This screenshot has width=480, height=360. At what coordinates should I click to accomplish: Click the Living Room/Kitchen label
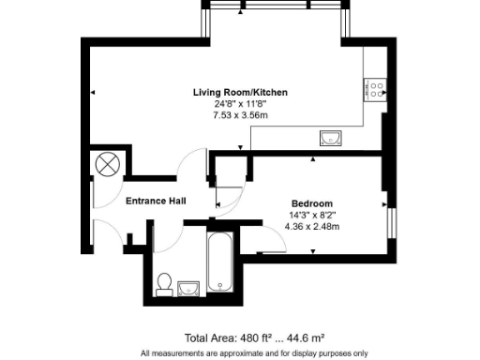click(x=240, y=92)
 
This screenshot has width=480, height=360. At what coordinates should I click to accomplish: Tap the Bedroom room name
click(x=311, y=203)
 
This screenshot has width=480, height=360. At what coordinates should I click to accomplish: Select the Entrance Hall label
click(x=157, y=200)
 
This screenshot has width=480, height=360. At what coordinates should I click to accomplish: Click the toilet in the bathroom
click(x=165, y=282)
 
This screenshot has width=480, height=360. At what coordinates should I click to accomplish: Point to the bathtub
click(x=221, y=263)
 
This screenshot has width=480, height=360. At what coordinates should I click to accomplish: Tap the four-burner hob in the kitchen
click(x=376, y=89)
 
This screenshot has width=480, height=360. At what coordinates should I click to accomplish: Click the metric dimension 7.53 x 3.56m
click(x=241, y=115)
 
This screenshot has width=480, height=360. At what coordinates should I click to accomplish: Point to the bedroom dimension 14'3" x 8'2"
click(x=311, y=215)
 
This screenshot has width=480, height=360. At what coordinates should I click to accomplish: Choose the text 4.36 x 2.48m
click(x=312, y=226)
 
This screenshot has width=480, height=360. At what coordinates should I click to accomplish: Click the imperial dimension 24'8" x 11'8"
click(x=240, y=104)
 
